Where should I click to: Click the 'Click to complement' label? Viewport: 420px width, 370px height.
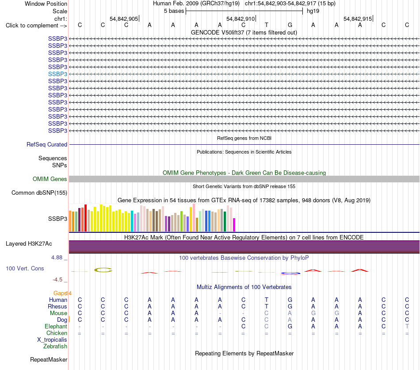click(32, 26)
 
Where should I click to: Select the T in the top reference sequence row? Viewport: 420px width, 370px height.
click(267, 25)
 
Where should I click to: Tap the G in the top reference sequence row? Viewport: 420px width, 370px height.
click(290, 25)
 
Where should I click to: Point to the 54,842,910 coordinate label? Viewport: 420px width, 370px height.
click(240, 19)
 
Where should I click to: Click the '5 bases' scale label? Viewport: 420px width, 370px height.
click(174, 11)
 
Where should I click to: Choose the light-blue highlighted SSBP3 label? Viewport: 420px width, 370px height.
click(57, 74)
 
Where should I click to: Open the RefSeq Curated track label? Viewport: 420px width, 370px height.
click(47, 145)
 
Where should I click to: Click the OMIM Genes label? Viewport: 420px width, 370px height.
click(50, 179)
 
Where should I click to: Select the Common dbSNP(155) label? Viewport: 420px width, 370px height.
click(39, 193)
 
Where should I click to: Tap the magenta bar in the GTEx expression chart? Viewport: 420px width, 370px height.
click(234, 225)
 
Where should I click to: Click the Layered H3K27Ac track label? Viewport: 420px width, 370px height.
click(29, 244)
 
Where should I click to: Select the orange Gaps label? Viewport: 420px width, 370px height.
click(60, 293)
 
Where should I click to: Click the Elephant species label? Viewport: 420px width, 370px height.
click(56, 326)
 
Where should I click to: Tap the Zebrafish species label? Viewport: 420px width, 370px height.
click(55, 346)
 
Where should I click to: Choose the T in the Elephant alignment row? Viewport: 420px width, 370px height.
click(407, 326)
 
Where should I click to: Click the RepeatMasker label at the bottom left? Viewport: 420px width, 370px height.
click(49, 359)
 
